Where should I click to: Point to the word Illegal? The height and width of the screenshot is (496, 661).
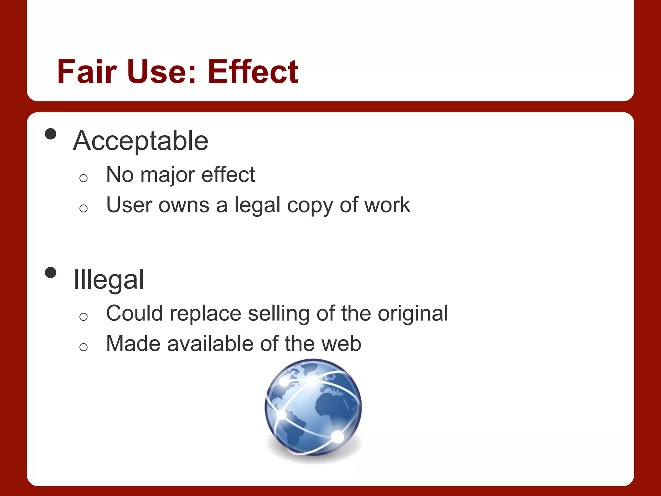click(109, 280)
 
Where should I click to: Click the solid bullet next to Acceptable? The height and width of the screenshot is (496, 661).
click(51, 134)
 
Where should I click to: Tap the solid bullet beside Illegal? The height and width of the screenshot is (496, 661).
click(51, 273)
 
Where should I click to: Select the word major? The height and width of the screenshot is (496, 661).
click(168, 175)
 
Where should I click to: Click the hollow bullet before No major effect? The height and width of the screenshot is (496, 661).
click(83, 178)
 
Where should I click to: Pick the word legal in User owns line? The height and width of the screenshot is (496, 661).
click(257, 205)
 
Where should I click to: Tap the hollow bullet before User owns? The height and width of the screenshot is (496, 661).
click(83, 208)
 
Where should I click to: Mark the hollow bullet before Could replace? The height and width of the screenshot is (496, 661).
click(83, 317)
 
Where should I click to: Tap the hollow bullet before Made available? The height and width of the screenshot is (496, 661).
click(83, 347)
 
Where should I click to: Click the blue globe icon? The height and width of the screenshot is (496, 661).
click(313, 408)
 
